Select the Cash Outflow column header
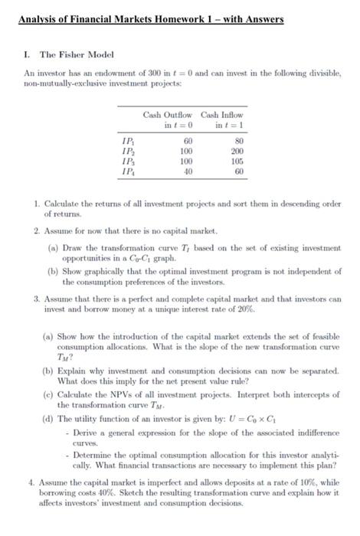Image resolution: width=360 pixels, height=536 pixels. (x=168, y=115)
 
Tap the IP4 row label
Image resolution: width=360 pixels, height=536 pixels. (x=127, y=172)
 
